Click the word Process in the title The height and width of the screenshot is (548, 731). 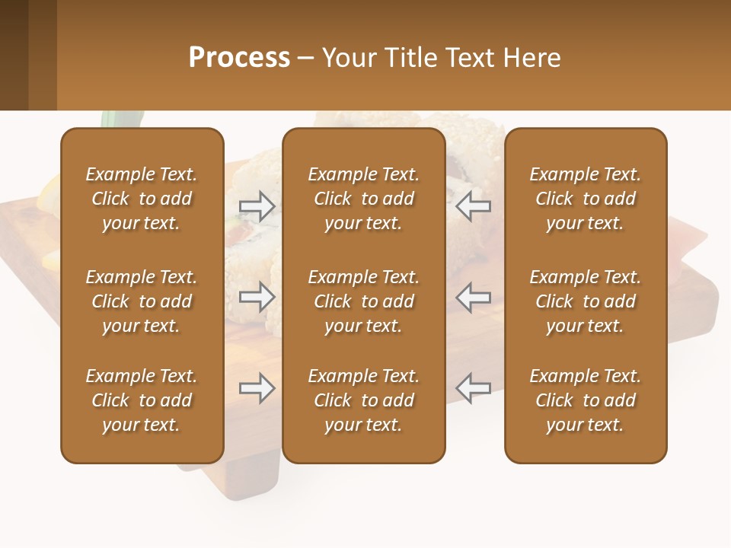coord(239,58)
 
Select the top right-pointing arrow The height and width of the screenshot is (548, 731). coord(257,205)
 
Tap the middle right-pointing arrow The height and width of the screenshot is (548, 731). coord(257,297)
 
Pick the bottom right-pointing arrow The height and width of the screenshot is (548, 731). coord(257,388)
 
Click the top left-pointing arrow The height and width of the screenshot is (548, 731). coord(474,205)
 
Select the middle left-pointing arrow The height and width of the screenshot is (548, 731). coord(474,297)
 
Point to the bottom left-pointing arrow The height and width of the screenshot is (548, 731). coord(474,388)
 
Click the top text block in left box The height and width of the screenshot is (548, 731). coord(142,199)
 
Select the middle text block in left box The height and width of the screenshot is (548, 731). coord(142,301)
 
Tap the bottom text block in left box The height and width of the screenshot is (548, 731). coord(142,400)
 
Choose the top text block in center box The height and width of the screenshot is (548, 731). coord(363,199)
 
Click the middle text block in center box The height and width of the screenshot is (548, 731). coord(363,301)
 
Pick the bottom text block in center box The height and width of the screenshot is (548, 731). coord(363,400)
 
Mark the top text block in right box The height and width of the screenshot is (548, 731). coord(585,199)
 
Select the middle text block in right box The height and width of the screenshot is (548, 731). coord(585,301)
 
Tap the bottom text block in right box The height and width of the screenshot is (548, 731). coord(585,400)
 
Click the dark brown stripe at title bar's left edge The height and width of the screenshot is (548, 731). coord(14,55)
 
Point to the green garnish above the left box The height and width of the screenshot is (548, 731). coord(122,119)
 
